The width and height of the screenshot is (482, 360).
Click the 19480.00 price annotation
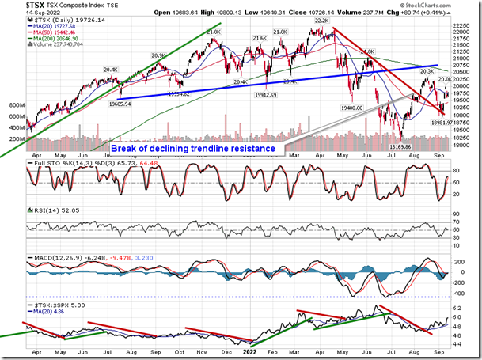click(350, 109)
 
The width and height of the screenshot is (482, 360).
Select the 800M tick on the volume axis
click(14, 104)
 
